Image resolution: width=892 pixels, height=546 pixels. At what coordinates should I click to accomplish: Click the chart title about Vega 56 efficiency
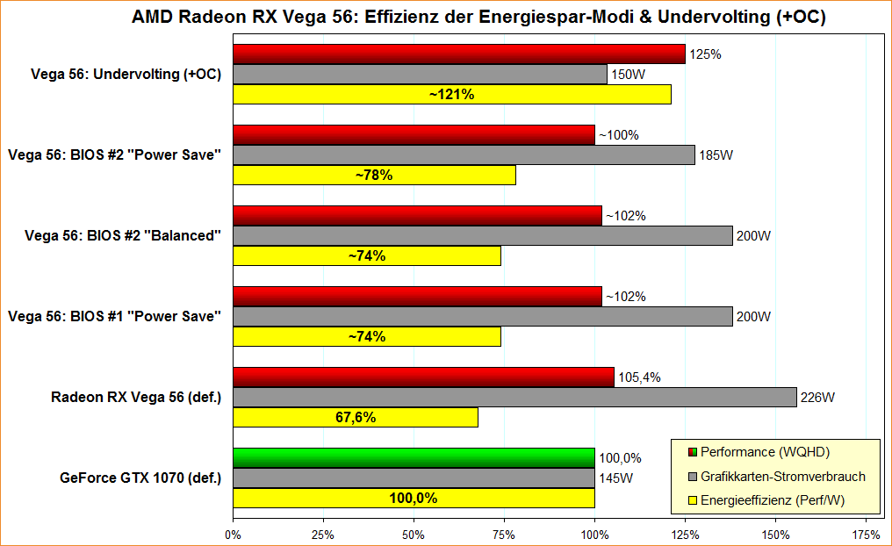point(478,17)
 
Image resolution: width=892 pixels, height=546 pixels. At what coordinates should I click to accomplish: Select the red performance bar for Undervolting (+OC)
point(458,54)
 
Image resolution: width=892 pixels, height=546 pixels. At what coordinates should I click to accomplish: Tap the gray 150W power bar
point(420,75)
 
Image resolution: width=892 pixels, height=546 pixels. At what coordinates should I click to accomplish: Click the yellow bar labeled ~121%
point(451,94)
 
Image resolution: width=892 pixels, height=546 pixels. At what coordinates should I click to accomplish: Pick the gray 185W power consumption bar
point(464,155)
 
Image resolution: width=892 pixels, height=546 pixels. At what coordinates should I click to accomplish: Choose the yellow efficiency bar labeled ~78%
point(374,175)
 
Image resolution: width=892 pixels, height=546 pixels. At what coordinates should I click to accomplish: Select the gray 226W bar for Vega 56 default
point(514,398)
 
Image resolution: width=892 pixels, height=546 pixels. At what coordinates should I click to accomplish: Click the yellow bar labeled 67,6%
point(356,417)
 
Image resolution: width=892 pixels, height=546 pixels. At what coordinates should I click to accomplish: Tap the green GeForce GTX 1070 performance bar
point(414,458)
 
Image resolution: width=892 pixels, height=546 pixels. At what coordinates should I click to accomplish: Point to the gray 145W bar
point(414,478)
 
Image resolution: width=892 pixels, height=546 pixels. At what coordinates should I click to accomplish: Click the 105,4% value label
point(640,377)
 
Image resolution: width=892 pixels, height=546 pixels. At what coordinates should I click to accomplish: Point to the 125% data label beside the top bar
point(705,54)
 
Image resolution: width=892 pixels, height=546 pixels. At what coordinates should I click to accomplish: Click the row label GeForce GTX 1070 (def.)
point(140,478)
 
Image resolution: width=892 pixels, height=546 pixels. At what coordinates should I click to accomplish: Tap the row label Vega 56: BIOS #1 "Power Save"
point(114,316)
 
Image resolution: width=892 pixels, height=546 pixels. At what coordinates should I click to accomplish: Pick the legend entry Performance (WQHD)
point(764,452)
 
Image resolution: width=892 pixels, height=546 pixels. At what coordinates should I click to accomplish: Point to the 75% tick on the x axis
point(504,534)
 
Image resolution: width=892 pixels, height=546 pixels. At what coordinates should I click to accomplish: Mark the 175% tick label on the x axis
point(866,534)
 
